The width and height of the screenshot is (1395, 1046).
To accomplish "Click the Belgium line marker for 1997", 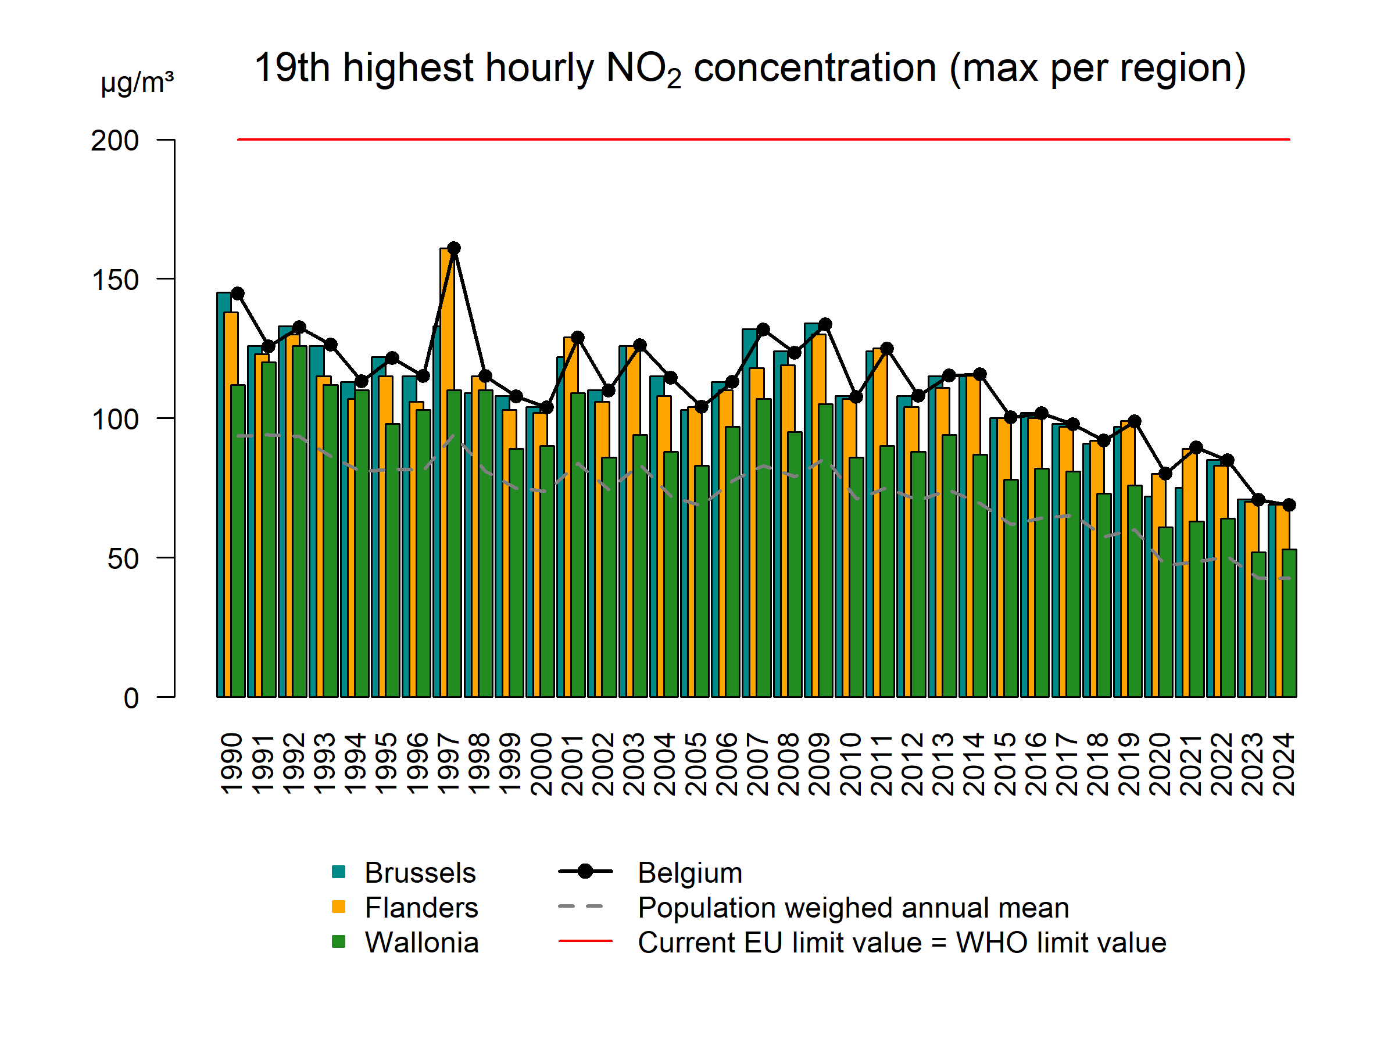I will click(454, 248).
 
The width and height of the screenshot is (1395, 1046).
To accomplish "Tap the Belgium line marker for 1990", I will click(238, 293).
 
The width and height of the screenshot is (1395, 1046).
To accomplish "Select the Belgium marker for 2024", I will click(1289, 505).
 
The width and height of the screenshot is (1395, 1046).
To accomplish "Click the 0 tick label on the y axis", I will click(131, 698).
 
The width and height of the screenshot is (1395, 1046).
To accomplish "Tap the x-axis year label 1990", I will click(231, 764).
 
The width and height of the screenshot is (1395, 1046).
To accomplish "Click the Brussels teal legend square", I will click(339, 872).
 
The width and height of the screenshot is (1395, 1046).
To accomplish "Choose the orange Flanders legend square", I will click(339, 907).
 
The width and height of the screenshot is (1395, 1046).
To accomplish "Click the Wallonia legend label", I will click(421, 943).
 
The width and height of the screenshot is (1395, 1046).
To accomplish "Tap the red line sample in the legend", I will click(585, 941).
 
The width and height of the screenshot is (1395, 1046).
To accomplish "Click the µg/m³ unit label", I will click(137, 82).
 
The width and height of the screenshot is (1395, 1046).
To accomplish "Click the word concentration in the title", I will click(815, 67).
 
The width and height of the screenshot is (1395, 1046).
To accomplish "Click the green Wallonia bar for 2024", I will click(1290, 624).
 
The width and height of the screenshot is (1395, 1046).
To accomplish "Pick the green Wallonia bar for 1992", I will click(299, 524).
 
